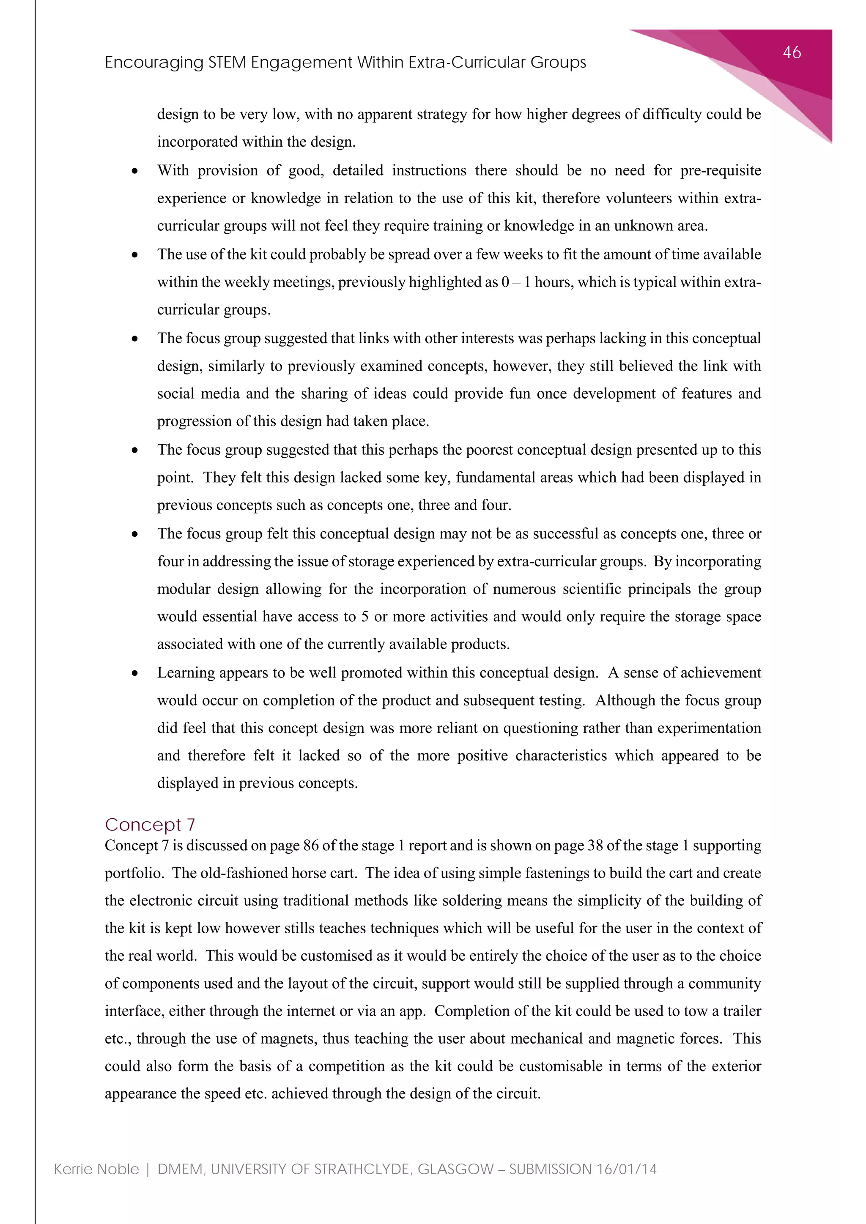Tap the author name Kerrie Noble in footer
(x=96, y=1169)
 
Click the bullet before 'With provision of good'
(x=135, y=171)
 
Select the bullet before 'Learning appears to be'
(x=135, y=673)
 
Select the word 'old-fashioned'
(x=245, y=873)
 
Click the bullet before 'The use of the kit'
(x=135, y=255)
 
